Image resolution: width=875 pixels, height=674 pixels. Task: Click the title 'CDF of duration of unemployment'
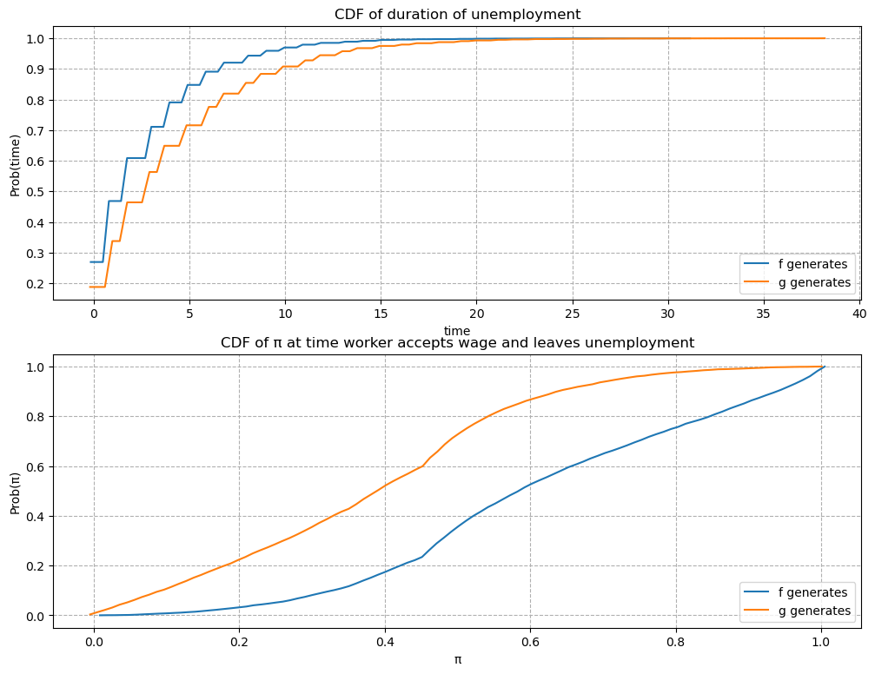457,14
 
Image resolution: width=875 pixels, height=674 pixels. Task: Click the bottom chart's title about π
457,342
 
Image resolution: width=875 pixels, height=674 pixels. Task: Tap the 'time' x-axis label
457,330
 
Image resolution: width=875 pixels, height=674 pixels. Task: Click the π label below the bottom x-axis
457,659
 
